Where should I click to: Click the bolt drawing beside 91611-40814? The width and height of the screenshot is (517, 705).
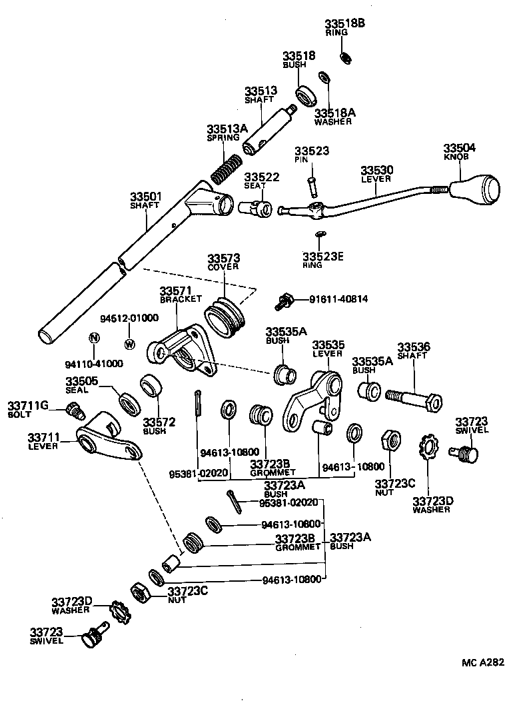(285, 301)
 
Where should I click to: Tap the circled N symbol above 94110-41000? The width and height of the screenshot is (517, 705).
(94, 338)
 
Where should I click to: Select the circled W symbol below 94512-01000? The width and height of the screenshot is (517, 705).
(129, 345)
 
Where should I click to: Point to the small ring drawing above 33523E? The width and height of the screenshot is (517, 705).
(320, 235)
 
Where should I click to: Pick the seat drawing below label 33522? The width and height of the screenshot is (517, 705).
(257, 209)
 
